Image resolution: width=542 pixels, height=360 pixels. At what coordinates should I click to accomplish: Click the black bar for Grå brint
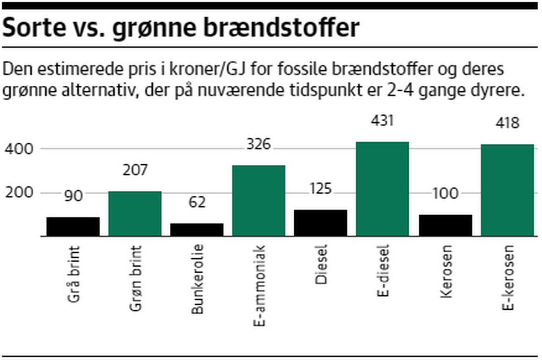(x=73, y=227)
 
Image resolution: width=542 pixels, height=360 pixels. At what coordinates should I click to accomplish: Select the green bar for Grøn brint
(x=135, y=214)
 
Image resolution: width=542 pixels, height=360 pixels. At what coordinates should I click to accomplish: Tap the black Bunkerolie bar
(x=197, y=230)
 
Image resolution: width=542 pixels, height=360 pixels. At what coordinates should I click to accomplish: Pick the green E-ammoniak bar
(x=259, y=201)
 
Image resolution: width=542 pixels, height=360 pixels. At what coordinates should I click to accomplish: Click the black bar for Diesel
(x=321, y=223)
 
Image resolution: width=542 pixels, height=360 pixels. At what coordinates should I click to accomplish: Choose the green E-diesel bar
(x=383, y=189)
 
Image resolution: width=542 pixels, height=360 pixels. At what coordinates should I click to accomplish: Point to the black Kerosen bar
(x=445, y=226)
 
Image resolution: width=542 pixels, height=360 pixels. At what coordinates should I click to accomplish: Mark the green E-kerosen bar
(x=508, y=190)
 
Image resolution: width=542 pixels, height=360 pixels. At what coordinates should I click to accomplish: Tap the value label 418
(x=507, y=124)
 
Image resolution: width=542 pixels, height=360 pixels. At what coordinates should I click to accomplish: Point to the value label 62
(x=196, y=202)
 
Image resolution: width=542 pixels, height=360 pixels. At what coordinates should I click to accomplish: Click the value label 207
(x=134, y=170)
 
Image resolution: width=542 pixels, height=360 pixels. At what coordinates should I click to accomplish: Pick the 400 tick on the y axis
(x=19, y=149)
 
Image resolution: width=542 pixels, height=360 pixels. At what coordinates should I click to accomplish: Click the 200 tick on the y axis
(x=19, y=193)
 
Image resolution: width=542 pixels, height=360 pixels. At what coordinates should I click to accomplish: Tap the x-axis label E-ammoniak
(x=259, y=286)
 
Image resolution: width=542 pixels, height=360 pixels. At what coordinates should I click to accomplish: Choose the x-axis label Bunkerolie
(x=197, y=279)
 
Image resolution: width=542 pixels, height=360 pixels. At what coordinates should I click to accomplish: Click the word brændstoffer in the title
(x=282, y=28)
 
